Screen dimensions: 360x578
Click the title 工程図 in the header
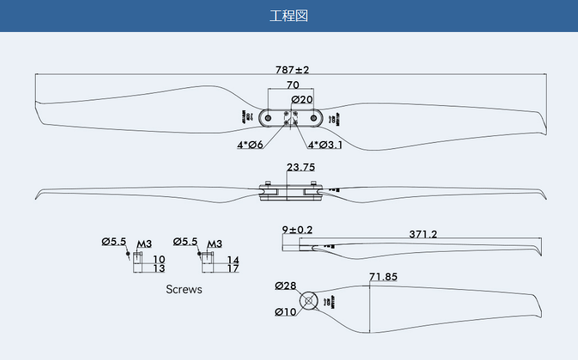(x=288, y=16)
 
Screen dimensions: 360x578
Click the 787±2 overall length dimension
(x=292, y=70)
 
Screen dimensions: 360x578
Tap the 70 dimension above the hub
(x=293, y=85)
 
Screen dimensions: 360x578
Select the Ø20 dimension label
(x=302, y=99)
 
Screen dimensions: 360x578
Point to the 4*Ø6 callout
(x=250, y=145)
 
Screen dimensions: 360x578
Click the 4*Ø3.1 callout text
(x=325, y=145)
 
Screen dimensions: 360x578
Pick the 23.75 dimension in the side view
(x=301, y=167)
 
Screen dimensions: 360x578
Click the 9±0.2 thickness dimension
(x=297, y=230)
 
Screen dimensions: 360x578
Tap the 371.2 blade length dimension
(x=423, y=234)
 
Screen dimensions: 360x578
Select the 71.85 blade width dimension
(x=383, y=277)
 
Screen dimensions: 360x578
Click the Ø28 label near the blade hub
(x=286, y=286)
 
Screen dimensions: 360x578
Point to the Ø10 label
(x=286, y=312)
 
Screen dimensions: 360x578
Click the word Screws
(x=184, y=289)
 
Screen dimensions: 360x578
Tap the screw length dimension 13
(x=159, y=268)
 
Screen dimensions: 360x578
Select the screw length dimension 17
(x=232, y=268)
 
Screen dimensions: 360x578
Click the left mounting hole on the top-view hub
(x=269, y=118)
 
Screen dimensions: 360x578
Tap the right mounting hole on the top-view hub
(x=314, y=118)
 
